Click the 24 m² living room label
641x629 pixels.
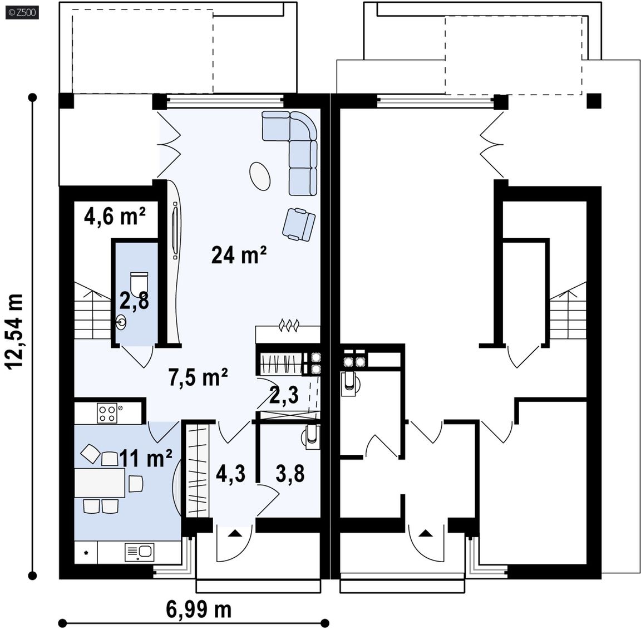pyautogui.click(x=239, y=255)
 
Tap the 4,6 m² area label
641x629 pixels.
pyautogui.click(x=115, y=216)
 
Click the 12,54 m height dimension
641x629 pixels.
pyautogui.click(x=14, y=332)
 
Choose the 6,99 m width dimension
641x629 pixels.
pyautogui.click(x=199, y=610)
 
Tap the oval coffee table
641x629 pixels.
pyautogui.click(x=260, y=175)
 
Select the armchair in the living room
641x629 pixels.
pyautogui.click(x=299, y=224)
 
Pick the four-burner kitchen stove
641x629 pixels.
pyautogui.click(x=107, y=413)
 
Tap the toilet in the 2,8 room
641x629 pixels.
pyautogui.click(x=138, y=281)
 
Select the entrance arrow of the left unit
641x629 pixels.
pyautogui.click(x=234, y=533)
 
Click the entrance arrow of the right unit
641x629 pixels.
pyautogui.click(x=426, y=533)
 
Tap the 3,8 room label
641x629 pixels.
pyautogui.click(x=290, y=474)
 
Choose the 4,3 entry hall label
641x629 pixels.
pyautogui.click(x=230, y=474)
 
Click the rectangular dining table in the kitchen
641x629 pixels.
pyautogui.click(x=100, y=483)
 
